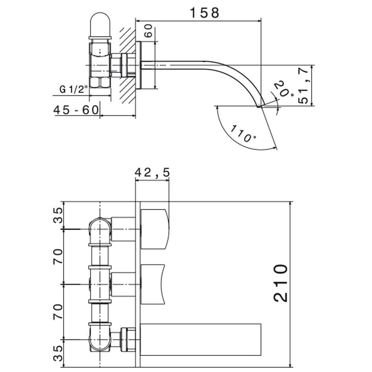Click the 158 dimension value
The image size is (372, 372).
[205, 12]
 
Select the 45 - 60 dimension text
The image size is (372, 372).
[76, 110]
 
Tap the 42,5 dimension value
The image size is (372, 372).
[152, 172]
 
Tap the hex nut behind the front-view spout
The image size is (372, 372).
[128, 339]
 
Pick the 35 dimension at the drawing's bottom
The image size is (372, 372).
[58, 352]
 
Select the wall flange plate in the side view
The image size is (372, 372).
[139, 65]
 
